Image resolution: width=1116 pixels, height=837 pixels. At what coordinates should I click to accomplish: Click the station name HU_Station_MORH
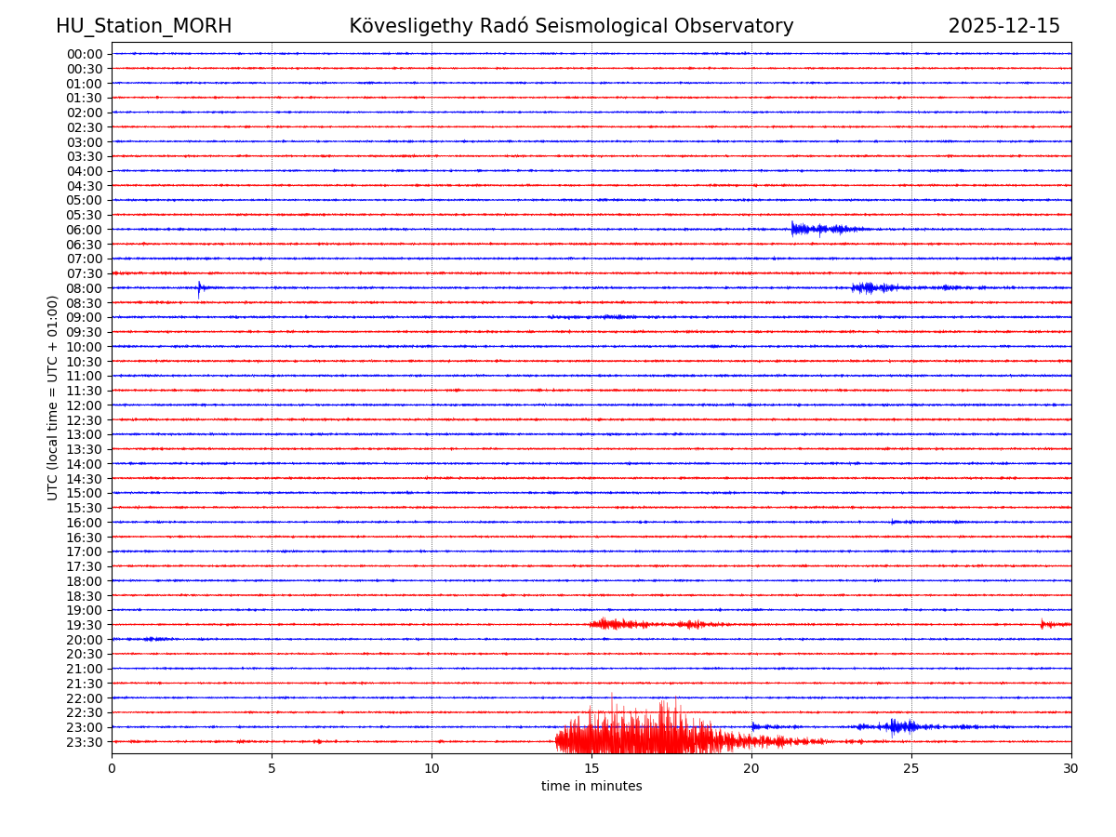[143, 26]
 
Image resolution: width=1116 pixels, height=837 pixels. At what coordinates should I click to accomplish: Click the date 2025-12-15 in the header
[1003, 26]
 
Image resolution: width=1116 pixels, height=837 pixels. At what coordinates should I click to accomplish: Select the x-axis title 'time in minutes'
[591, 787]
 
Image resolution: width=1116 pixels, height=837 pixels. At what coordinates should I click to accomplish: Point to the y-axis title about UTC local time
[53, 397]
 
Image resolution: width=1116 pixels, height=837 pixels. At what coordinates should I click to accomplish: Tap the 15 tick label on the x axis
[591, 768]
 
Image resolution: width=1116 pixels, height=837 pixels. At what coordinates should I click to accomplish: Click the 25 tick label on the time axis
[911, 768]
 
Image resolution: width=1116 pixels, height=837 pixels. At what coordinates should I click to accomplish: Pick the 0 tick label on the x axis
[112, 768]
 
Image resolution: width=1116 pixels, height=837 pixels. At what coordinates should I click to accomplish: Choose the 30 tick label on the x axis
[1070, 768]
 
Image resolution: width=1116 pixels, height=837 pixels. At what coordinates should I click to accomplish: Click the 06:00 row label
[85, 230]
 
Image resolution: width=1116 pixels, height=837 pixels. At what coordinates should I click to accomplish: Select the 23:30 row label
[85, 742]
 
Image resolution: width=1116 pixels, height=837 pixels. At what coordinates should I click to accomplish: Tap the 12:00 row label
[85, 405]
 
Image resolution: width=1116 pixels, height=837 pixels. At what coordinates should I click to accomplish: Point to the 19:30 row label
[85, 625]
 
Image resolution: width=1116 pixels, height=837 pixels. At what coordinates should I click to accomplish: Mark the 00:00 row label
[85, 54]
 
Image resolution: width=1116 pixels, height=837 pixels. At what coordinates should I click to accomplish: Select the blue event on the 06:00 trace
[818, 229]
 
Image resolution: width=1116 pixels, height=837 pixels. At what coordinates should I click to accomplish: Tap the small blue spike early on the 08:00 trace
[199, 288]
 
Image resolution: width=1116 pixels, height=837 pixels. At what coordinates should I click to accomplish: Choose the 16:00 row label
[85, 523]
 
